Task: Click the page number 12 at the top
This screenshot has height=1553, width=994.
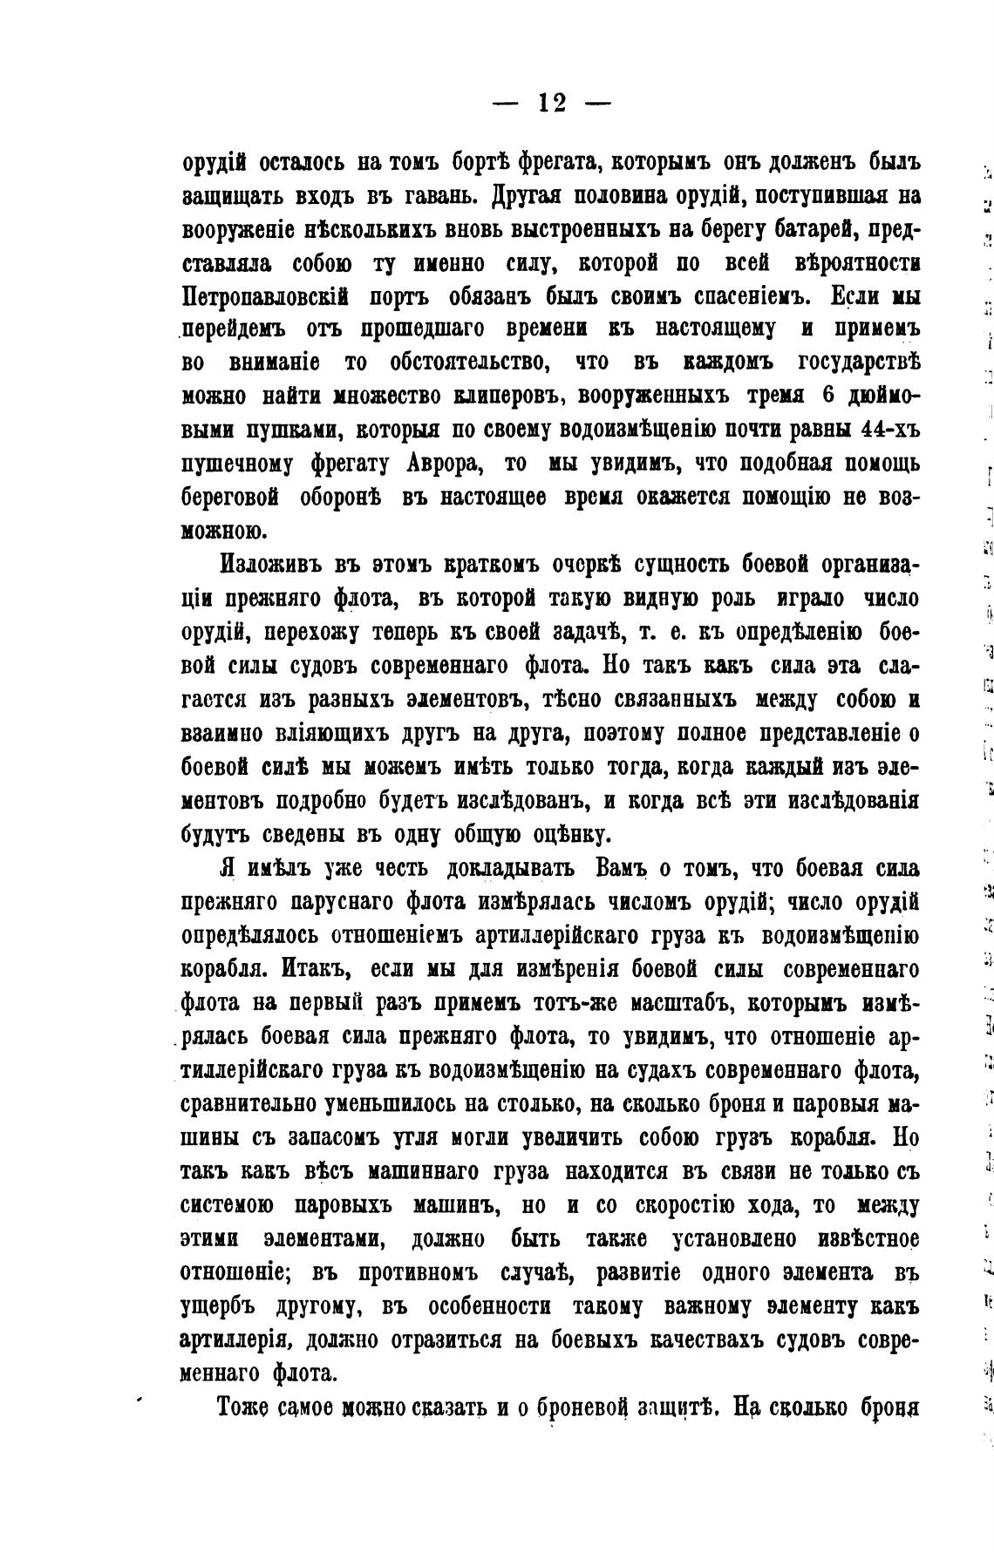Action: tap(552, 104)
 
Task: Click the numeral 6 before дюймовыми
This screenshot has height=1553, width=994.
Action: tap(829, 395)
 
